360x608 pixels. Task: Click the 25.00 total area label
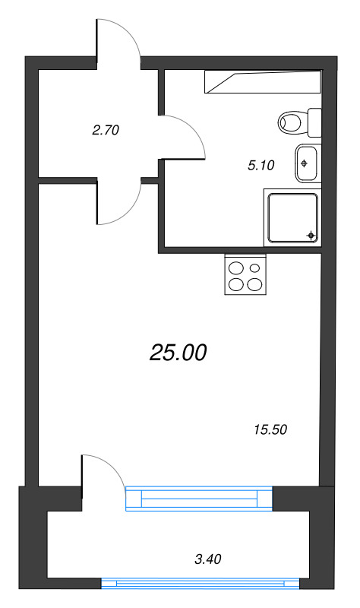(178, 353)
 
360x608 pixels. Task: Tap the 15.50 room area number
(270, 429)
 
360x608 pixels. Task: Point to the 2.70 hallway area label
(106, 130)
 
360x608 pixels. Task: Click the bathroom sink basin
(307, 163)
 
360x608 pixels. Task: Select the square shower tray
(292, 217)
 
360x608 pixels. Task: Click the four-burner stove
(245, 275)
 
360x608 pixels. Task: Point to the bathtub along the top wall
(263, 81)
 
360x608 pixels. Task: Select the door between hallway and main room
(118, 202)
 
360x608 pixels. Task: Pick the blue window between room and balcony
(198, 497)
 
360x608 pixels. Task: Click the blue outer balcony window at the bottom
(201, 583)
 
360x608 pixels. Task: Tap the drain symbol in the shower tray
(311, 236)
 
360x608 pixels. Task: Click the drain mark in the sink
(304, 163)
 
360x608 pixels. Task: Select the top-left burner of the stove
(236, 268)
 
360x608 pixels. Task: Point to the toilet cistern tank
(314, 121)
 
